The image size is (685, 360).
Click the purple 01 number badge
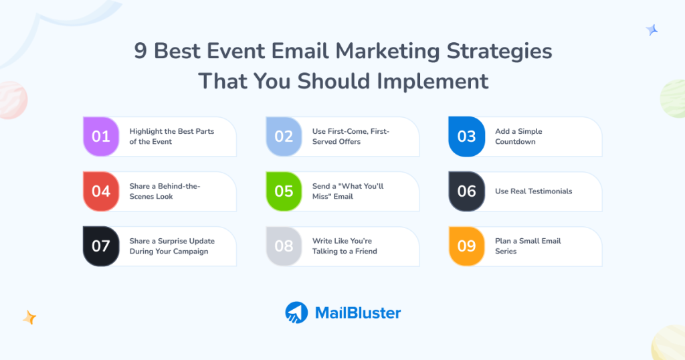(101, 137)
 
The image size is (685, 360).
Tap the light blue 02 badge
(284, 137)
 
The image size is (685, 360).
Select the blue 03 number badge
(466, 137)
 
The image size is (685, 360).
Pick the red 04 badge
(101, 191)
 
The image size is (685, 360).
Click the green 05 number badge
(284, 191)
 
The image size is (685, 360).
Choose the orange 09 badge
(466, 246)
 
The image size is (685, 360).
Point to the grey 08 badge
(284, 246)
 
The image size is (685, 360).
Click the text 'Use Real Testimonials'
(533, 191)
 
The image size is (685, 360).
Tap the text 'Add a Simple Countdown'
(518, 137)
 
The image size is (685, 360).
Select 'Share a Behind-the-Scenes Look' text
(165, 191)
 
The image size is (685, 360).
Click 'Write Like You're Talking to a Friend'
(345, 246)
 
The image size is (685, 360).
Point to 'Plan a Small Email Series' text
(528, 246)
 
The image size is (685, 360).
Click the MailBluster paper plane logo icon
(296, 312)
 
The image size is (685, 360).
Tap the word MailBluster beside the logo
(357, 312)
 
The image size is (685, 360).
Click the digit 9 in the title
(140, 52)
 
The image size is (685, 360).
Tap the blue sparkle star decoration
(652, 29)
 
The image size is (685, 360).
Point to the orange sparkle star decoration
(29, 317)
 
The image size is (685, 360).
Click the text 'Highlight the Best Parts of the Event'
(171, 137)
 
